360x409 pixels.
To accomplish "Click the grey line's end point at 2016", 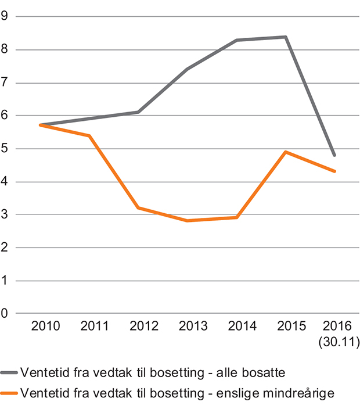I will [x=334, y=155].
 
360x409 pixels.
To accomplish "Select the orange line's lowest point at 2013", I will [x=188, y=221].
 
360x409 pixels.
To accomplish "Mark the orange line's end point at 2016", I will [x=334, y=171].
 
